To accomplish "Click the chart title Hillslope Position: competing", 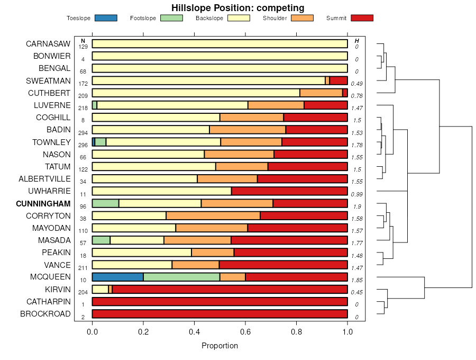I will click(x=237, y=7).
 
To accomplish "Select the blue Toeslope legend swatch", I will click(x=106, y=18).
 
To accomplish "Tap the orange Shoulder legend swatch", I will click(x=302, y=18).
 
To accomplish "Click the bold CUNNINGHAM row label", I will click(x=43, y=204).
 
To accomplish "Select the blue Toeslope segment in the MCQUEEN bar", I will click(x=117, y=277).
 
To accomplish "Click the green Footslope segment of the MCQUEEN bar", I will click(x=181, y=277).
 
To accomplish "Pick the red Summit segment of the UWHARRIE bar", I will click(x=289, y=191).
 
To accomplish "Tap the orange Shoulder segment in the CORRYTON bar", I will click(x=213, y=215).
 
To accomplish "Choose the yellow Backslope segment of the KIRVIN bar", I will click(x=100, y=289).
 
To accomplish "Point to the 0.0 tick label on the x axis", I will click(x=92, y=332).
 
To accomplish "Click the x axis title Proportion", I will click(x=219, y=346).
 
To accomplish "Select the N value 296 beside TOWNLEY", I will click(x=83, y=145).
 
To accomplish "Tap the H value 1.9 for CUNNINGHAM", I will click(x=356, y=206).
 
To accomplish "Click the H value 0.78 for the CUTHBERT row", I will click(x=356, y=96).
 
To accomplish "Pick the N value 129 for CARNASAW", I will click(x=83, y=47).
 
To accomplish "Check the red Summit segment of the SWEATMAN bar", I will click(x=338, y=81).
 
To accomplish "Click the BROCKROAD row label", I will click(x=45, y=314).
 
